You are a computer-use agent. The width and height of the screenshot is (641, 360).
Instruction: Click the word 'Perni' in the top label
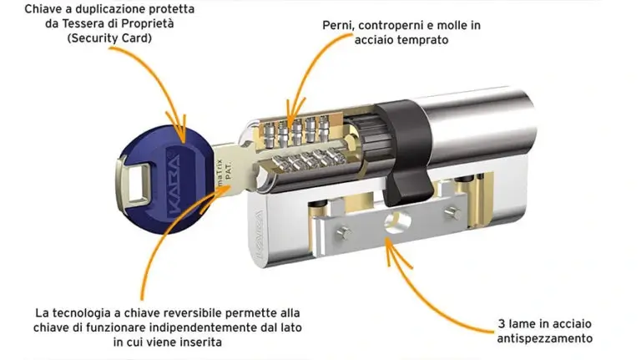(x=339, y=25)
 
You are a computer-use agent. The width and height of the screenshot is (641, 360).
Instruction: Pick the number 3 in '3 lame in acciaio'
(x=498, y=323)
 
